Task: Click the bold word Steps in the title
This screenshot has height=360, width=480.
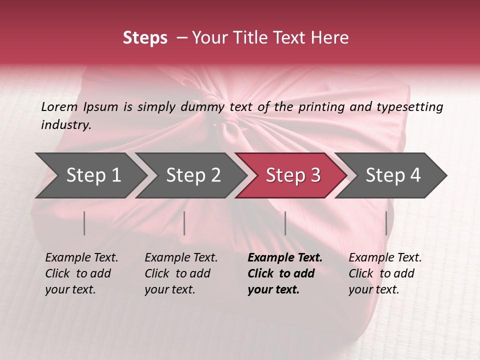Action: pyautogui.click(x=145, y=38)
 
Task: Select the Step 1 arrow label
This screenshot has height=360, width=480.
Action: pyautogui.click(x=93, y=175)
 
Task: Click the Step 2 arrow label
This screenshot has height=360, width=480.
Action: pyautogui.click(x=193, y=175)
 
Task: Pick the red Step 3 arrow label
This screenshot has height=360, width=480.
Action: pyautogui.click(x=293, y=175)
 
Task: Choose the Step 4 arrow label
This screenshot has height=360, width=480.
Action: pyautogui.click(x=393, y=175)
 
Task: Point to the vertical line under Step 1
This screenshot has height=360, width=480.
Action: pyautogui.click(x=84, y=223)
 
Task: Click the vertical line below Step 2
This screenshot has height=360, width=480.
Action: pyautogui.click(x=184, y=223)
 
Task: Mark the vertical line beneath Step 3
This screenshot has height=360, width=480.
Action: pyautogui.click(x=285, y=223)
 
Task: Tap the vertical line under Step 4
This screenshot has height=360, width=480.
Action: pyautogui.click(x=386, y=223)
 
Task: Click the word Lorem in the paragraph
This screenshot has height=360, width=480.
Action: pyautogui.click(x=59, y=107)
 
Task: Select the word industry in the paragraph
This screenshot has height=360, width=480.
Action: pyautogui.click(x=65, y=125)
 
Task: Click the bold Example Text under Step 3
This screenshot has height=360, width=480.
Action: pyautogui.click(x=285, y=258)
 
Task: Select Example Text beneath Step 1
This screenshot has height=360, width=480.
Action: pyautogui.click(x=81, y=258)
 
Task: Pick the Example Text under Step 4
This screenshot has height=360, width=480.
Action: pyautogui.click(x=385, y=258)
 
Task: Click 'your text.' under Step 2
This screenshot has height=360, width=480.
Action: pyautogui.click(x=169, y=289)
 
